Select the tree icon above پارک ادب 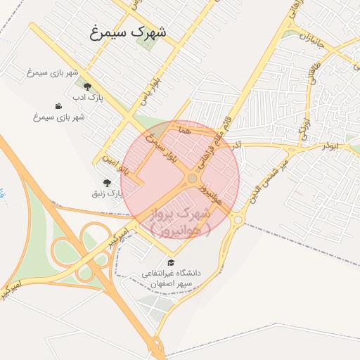pyautogui.click(x=87, y=86)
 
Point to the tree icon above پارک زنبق pyautogui.click(x=107, y=182)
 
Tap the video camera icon pyautogui.click(x=58, y=106)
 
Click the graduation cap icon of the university pyautogui.click(x=170, y=263)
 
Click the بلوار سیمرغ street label pyautogui.click(x=160, y=148)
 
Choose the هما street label pyautogui.click(x=185, y=130)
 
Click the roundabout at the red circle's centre pyautogui.click(x=192, y=179)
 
